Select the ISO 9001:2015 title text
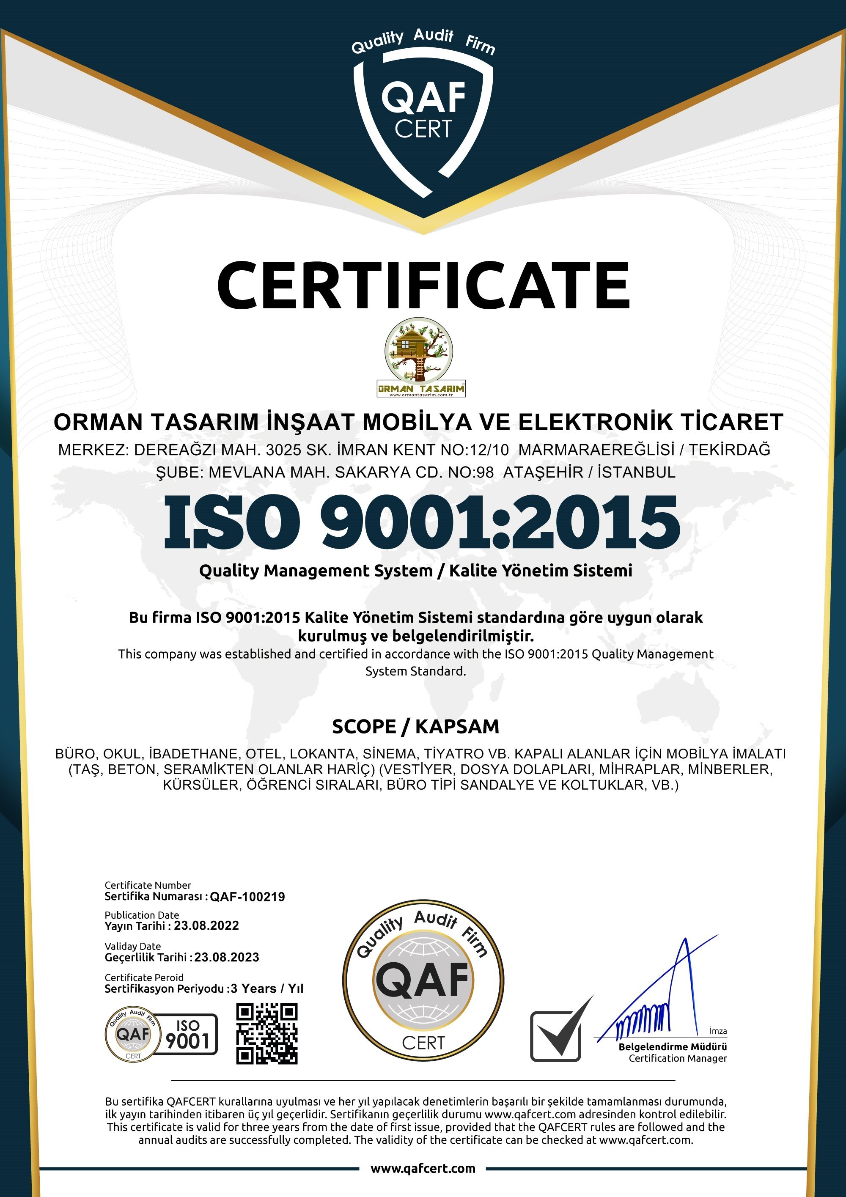[422, 522]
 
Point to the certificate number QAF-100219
[247, 897]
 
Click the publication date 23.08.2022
[206, 925]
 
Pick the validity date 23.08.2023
[227, 957]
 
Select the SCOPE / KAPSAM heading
[415, 726]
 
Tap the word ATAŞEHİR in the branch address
[543, 472]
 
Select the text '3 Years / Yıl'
[267, 988]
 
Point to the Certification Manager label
[677, 1058]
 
